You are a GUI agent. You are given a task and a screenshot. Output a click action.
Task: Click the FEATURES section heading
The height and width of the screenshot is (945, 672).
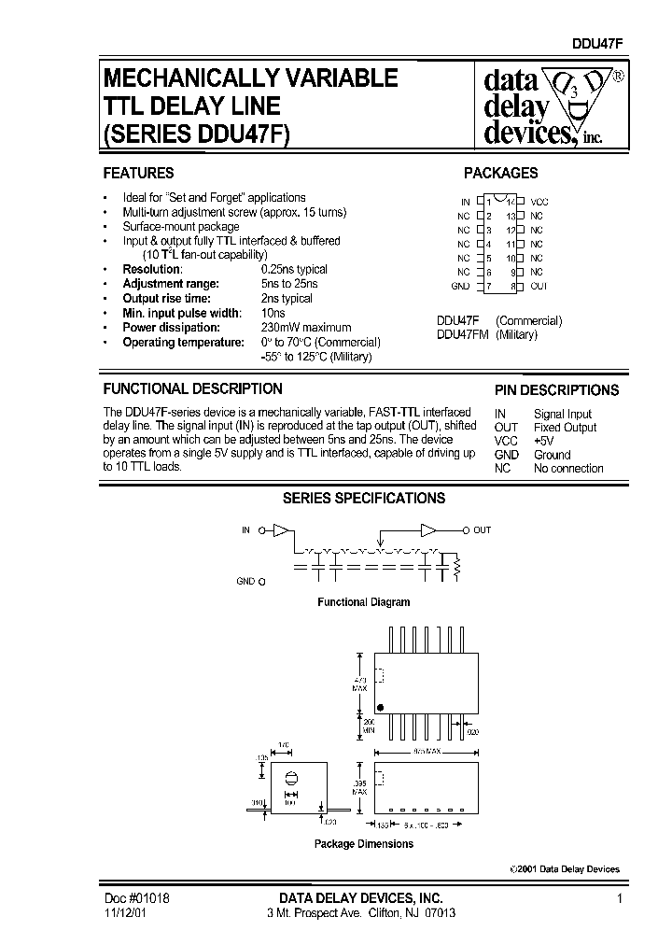pyautogui.click(x=138, y=173)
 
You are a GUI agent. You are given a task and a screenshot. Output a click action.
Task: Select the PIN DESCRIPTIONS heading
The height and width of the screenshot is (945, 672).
pyautogui.click(x=556, y=390)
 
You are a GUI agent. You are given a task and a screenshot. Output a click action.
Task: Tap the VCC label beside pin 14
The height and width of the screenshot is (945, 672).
pyautogui.click(x=539, y=202)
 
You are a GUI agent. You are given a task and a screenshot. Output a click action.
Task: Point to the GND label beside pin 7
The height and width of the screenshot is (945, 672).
pyautogui.click(x=460, y=286)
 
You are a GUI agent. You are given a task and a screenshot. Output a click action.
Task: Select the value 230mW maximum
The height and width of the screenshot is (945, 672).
pyautogui.click(x=306, y=328)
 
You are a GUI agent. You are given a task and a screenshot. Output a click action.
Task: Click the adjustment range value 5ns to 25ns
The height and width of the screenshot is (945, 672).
pyautogui.click(x=289, y=284)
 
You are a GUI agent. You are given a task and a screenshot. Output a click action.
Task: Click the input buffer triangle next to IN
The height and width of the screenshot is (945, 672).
pyautogui.click(x=280, y=530)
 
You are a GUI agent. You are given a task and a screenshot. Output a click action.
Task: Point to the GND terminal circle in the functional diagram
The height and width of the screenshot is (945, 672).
pyautogui.click(x=261, y=581)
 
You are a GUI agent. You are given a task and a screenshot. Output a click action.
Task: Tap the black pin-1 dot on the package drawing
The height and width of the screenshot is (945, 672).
pyautogui.click(x=380, y=705)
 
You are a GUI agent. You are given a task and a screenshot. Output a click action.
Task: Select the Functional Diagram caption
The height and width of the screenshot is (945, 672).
pyautogui.click(x=363, y=602)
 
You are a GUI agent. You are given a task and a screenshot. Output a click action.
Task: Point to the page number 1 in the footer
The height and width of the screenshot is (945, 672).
pyautogui.click(x=619, y=897)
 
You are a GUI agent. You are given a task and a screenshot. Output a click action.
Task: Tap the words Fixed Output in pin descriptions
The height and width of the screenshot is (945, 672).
pyautogui.click(x=565, y=428)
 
